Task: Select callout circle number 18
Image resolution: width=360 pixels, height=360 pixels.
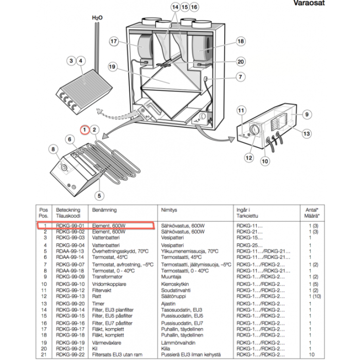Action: tap(241, 42)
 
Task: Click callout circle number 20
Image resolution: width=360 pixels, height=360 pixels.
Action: tap(241, 61)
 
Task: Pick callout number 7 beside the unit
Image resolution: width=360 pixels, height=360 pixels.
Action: tap(241, 77)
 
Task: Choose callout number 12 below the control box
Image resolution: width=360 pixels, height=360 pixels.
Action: tap(249, 158)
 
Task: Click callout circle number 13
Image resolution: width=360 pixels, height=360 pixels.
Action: tap(307, 134)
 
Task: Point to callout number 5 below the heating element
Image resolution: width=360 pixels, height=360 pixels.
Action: tap(99, 195)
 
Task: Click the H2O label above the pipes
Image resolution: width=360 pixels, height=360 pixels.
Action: tap(97, 17)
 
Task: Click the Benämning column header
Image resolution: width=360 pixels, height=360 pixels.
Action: tap(104, 210)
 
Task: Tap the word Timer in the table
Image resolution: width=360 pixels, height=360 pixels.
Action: tap(98, 304)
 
